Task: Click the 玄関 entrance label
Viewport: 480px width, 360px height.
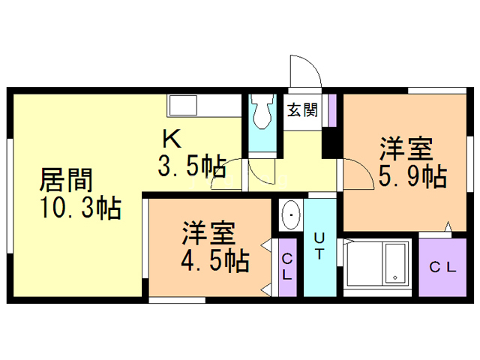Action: [x=302, y=109]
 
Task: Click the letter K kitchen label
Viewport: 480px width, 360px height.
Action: [x=172, y=139]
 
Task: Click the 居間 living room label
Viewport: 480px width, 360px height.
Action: [x=66, y=180]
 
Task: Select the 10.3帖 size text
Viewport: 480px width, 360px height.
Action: [x=81, y=208]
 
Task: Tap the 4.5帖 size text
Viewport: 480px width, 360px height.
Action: [x=215, y=261]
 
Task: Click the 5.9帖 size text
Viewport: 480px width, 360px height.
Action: [x=412, y=176]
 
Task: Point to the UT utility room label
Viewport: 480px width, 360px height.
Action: [x=319, y=246]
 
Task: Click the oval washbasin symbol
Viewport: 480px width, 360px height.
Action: [x=290, y=214]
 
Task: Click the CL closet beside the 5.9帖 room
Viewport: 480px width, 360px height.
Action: [x=442, y=267]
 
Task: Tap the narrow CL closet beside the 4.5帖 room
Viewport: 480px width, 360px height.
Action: [x=288, y=268]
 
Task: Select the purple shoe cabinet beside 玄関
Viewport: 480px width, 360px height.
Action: [x=332, y=110]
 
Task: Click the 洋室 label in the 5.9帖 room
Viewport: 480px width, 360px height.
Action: [x=406, y=149]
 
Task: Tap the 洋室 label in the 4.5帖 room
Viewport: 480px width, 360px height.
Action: [x=208, y=233]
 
